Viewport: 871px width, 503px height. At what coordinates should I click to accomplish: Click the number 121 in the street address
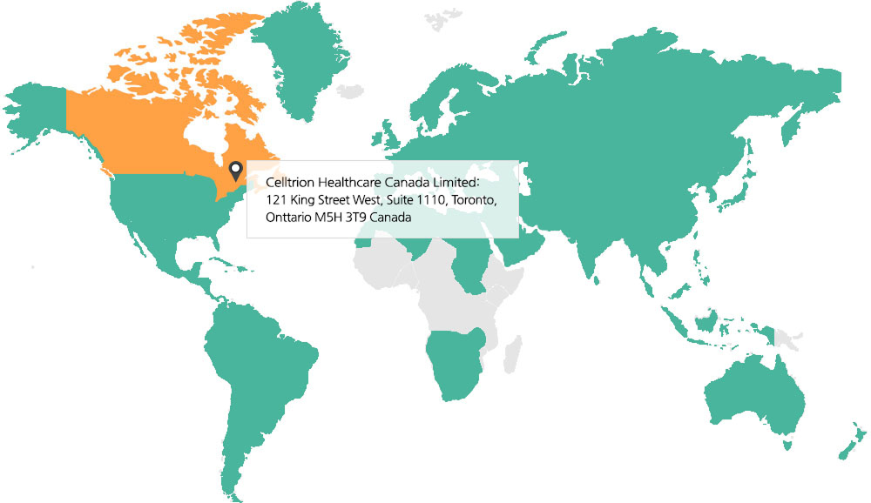tap(276, 200)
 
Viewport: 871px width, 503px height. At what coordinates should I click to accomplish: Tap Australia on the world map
tap(754, 401)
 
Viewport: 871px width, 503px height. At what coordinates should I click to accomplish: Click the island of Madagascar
tap(513, 354)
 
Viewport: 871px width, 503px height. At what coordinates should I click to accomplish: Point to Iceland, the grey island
tap(350, 91)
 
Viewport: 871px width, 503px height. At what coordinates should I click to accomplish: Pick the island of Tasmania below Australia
tap(787, 445)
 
